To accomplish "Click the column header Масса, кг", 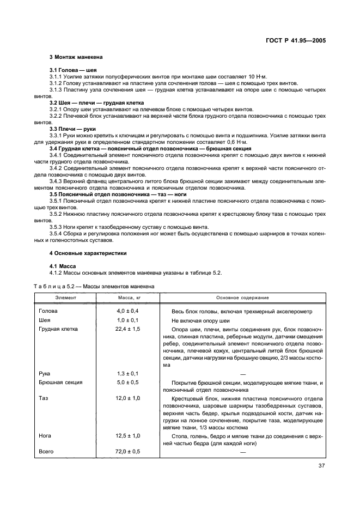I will click(129, 298).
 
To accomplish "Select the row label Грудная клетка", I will click(58, 329).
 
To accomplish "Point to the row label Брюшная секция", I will click(60, 382).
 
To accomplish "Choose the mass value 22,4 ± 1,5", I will click(129, 329).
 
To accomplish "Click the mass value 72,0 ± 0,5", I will click(129, 452).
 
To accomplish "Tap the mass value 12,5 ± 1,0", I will click(129, 436).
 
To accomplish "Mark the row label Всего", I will click(46, 452).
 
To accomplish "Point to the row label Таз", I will click(44, 398).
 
